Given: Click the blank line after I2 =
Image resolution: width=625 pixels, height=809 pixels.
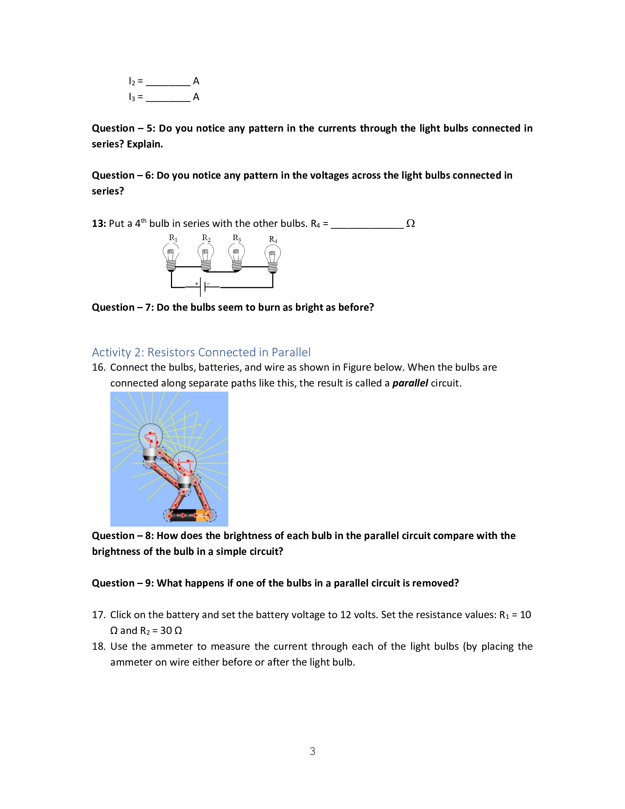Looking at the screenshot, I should coord(168,82).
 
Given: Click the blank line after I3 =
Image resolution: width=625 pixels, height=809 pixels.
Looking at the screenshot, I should coord(168,98).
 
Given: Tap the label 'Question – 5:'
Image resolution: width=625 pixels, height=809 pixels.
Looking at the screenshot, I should coord(124,128).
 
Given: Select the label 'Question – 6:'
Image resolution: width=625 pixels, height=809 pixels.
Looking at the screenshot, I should coord(122,175).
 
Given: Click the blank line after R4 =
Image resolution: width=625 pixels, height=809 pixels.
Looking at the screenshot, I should coord(367,224).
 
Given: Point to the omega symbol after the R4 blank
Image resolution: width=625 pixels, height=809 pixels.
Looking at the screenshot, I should coord(410,223).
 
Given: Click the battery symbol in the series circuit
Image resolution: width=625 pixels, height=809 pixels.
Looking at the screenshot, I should coord(203,286).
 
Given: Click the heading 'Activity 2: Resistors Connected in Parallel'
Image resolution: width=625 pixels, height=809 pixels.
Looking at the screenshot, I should coord(201,352).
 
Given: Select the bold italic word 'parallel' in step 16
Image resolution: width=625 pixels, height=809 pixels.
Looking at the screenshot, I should coord(410,383).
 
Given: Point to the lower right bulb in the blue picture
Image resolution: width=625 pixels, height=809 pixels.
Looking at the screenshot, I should coord(185,469).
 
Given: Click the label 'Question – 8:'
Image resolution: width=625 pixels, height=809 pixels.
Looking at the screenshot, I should coord(122,536).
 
